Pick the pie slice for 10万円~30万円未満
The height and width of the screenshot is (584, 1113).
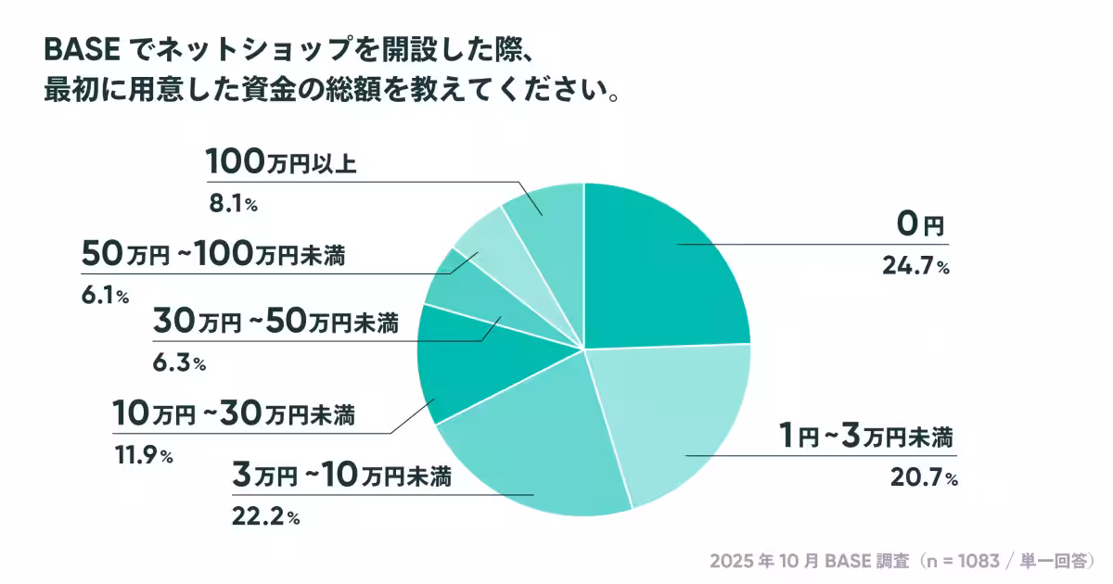tap(464, 371)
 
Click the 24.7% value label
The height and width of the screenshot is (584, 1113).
tap(916, 268)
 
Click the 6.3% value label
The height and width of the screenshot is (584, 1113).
tap(177, 363)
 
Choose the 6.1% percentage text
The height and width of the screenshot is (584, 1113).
tap(104, 296)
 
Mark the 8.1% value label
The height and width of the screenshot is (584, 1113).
tap(231, 203)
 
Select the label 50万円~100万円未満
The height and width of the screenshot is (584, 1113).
tap(213, 254)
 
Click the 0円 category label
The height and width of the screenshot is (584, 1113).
tap(919, 224)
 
